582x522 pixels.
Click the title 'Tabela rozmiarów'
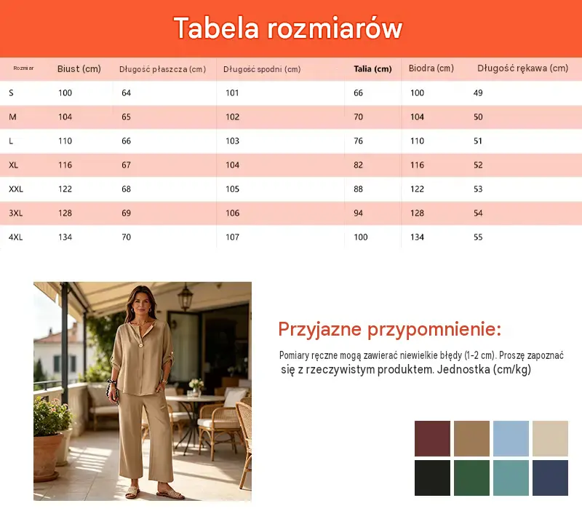tap(288, 28)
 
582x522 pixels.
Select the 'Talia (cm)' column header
tap(372, 68)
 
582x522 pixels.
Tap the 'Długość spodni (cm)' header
tap(262, 69)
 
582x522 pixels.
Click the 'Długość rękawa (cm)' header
tap(522, 68)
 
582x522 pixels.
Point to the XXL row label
tap(16, 189)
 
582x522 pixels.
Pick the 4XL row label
tap(15, 237)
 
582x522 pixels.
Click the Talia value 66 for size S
tap(358, 93)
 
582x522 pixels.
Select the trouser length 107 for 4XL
tap(232, 237)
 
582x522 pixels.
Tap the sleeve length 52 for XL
tap(478, 165)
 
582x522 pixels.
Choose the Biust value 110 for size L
tap(65, 141)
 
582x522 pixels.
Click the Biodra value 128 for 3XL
tap(417, 213)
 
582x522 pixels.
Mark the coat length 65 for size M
tap(126, 117)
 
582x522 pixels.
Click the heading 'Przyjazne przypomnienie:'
tap(390, 329)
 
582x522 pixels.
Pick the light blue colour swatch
tap(511, 438)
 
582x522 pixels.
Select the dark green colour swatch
tap(471, 478)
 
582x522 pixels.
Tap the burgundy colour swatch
tap(432, 438)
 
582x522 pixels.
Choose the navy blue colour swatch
tap(550, 478)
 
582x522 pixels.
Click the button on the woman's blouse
tap(141, 346)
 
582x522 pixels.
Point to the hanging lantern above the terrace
tap(185, 297)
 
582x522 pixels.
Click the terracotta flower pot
tap(47, 456)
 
